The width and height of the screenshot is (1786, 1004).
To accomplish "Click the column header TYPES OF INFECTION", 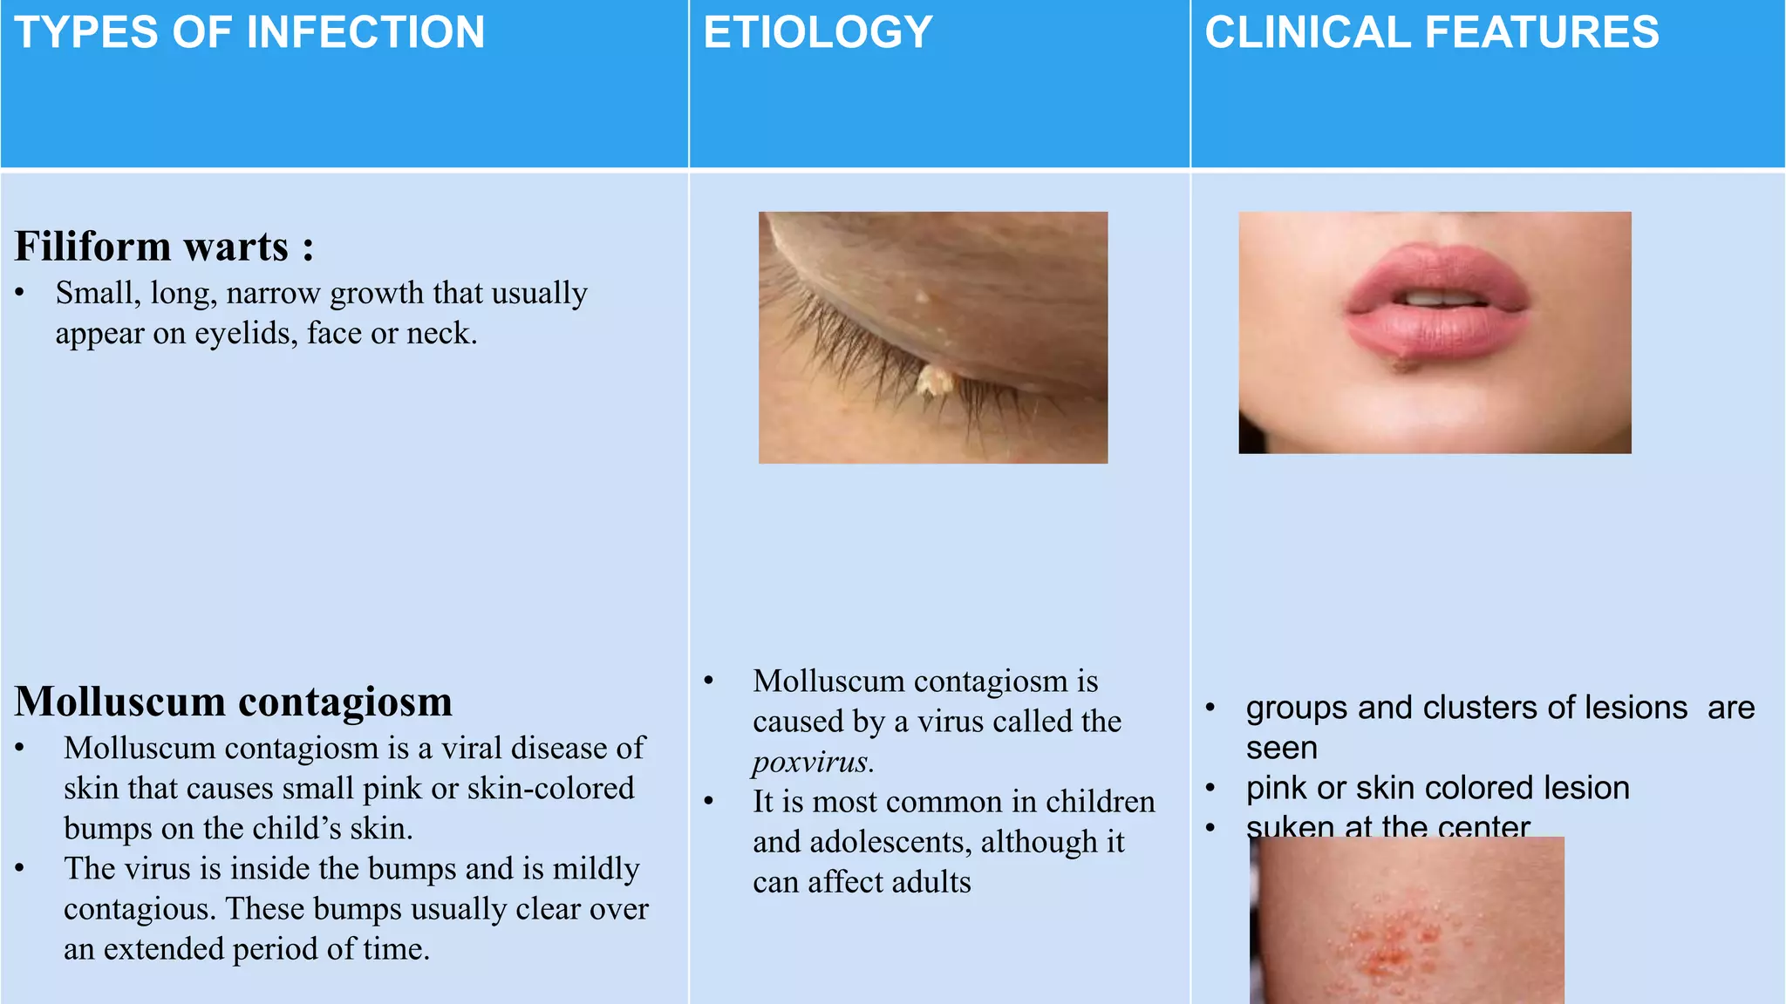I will coord(249,33).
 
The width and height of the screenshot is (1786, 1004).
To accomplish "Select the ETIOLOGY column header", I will coord(818,33).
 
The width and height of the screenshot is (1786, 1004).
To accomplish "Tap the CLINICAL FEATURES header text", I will coord(1431,33).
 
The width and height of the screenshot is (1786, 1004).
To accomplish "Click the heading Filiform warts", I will coord(163,247).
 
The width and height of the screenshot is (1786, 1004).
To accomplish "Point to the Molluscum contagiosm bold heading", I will coord(234,702).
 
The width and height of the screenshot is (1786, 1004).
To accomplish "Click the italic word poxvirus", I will coord(812,762).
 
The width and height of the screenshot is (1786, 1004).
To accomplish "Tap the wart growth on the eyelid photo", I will coord(936,381).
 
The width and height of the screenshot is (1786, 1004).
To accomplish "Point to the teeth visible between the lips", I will coord(1439,300).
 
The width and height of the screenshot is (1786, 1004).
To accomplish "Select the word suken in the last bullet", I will coord(1281,826).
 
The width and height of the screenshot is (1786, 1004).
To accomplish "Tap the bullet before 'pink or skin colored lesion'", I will coord(1210,788).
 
